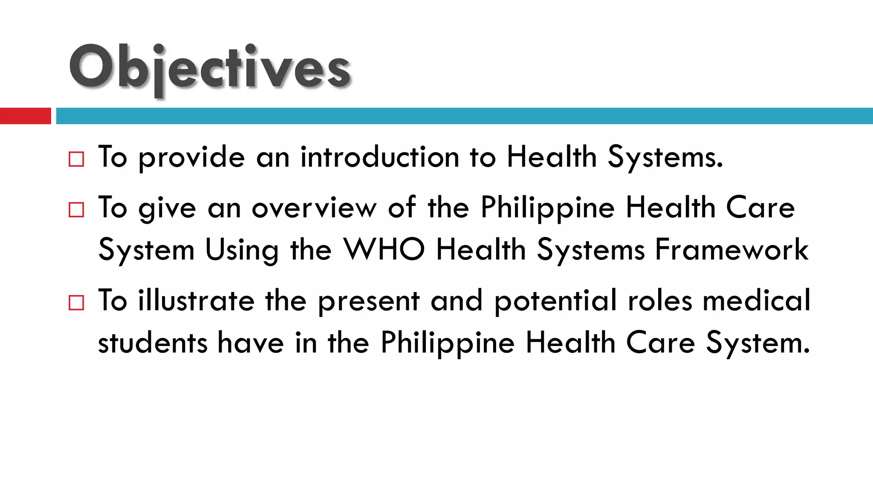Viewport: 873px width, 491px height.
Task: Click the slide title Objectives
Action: [x=210, y=68]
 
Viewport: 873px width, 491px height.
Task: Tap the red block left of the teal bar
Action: [x=25, y=116]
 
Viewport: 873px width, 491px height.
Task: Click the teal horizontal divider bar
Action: [x=464, y=116]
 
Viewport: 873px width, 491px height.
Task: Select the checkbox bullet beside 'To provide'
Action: [x=76, y=159]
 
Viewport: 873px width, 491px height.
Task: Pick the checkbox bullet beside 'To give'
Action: [x=76, y=210]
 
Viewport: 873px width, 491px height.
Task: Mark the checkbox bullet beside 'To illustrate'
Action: [x=76, y=303]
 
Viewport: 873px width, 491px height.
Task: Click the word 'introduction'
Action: [x=379, y=157]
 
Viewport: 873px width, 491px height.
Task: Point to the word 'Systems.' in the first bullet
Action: [x=665, y=157]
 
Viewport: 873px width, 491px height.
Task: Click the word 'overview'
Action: [x=314, y=208]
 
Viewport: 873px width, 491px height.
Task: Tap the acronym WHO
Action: [x=384, y=250]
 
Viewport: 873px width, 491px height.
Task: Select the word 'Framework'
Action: [x=731, y=250]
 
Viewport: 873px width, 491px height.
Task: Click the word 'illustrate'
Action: [x=196, y=300]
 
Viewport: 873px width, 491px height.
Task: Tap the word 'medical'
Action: [x=756, y=300]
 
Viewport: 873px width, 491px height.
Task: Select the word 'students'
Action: [x=153, y=343]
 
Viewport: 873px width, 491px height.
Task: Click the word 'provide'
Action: [x=192, y=158]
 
